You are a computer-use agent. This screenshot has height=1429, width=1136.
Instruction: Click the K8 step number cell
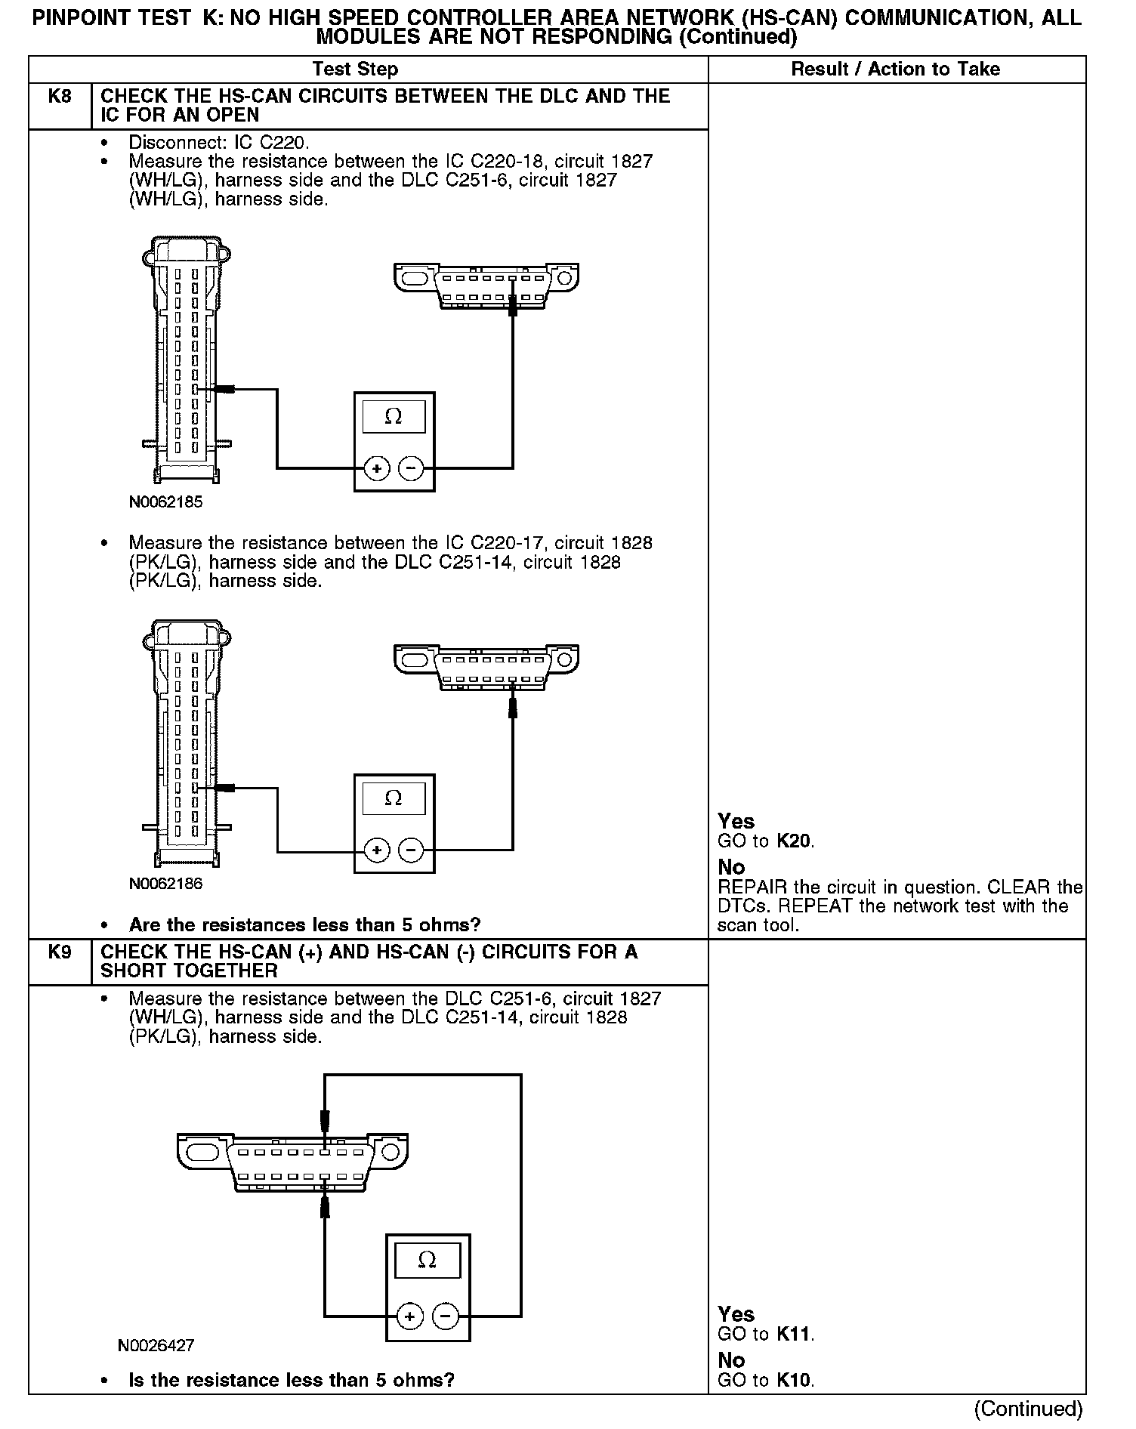point(59,97)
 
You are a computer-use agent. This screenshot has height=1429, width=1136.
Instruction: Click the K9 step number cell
point(59,952)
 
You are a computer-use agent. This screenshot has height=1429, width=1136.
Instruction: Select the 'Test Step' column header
point(355,69)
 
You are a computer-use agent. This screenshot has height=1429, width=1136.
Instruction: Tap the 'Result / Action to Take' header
point(895,69)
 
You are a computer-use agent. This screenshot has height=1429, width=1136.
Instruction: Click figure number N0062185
point(165,502)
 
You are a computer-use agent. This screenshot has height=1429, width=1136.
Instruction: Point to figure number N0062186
point(165,884)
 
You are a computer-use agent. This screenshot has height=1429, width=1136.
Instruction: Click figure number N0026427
point(156,1345)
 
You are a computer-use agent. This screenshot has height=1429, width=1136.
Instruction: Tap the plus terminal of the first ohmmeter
point(376,469)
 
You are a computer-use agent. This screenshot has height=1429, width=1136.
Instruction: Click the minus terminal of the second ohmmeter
point(411,851)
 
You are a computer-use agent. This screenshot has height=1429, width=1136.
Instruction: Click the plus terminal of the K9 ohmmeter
point(409,1317)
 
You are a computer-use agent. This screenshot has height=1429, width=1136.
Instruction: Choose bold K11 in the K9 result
point(795,1334)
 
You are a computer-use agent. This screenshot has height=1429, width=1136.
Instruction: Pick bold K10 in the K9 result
point(795,1381)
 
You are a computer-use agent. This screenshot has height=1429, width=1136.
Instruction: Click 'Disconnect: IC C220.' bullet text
point(218,142)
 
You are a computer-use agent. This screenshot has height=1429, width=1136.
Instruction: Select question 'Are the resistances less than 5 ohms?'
point(304,924)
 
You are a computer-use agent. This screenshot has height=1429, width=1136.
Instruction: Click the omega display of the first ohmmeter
point(394,416)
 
